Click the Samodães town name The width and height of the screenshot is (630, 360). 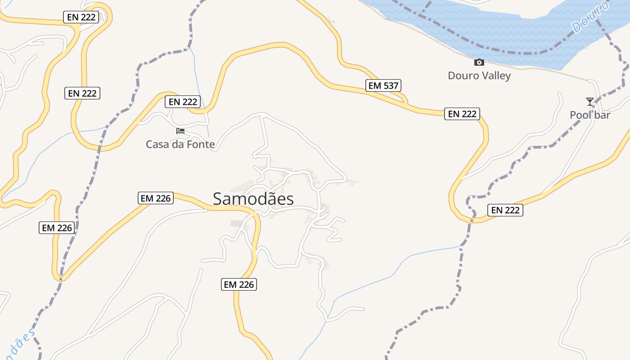pos(253,199)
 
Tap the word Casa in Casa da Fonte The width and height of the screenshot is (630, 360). pos(157,144)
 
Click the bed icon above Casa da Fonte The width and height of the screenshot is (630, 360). pos(180,131)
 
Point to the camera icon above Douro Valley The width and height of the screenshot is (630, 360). pos(479,62)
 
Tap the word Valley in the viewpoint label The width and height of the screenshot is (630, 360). pos(495,76)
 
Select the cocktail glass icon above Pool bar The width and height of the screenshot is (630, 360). pos(590,102)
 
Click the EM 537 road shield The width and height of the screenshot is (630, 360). pos(383,85)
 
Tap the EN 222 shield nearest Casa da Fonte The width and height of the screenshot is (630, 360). pos(182,102)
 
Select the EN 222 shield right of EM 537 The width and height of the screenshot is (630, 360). pos(462,114)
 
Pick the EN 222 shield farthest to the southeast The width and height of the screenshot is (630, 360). pos(505,210)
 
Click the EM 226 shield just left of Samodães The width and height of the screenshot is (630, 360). pos(156,198)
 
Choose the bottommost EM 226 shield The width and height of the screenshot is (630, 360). pos(239,284)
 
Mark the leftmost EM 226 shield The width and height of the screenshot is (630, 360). pos(57,228)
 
